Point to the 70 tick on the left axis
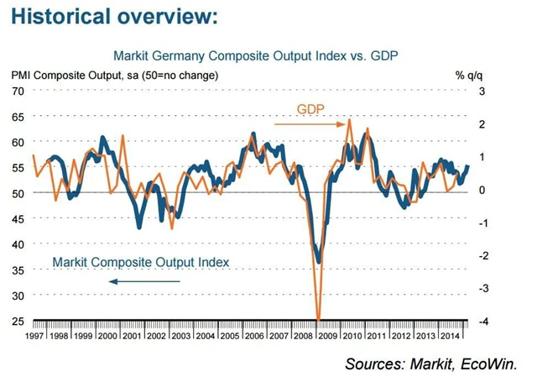coord(17,91)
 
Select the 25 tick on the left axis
coord(17,321)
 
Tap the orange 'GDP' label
coord(310,109)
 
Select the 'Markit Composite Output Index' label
coord(140,262)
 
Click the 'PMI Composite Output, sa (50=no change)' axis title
coord(115,75)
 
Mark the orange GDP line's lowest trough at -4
coord(318,319)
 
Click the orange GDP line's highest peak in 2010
coord(349,121)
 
